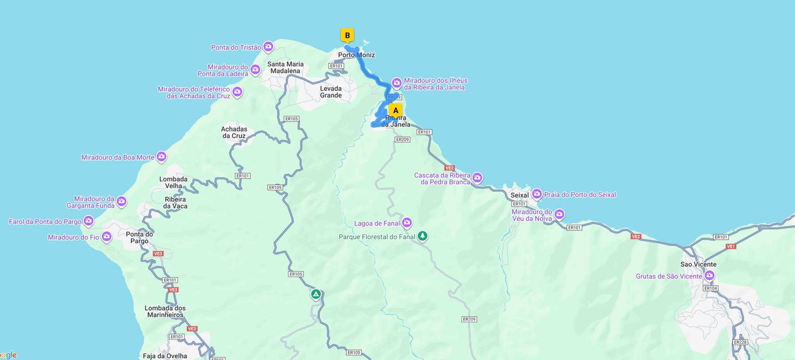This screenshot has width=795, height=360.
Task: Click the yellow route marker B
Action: tap(347, 35)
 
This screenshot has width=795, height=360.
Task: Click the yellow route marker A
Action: tap(395, 110)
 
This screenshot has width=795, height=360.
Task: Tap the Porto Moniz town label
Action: tap(356, 55)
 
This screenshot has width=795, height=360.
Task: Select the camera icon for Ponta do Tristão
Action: tap(268, 47)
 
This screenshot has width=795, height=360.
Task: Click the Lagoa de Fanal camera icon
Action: tap(407, 223)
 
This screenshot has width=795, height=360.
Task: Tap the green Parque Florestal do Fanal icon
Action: tap(423, 236)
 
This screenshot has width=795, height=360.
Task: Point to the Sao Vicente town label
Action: tap(698, 265)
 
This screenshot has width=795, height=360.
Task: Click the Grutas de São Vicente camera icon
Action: tap(709, 275)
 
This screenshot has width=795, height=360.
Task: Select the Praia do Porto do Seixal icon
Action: tap(536, 194)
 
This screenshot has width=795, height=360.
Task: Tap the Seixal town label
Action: tap(519, 195)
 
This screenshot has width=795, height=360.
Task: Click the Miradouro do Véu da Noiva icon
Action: tap(559, 214)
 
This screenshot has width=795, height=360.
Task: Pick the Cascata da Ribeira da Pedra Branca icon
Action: tap(477, 178)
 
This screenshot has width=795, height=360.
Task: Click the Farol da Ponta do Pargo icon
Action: tap(89, 221)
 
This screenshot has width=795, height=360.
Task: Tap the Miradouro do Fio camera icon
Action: tap(106, 237)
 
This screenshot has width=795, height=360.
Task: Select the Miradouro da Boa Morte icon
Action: tap(161, 157)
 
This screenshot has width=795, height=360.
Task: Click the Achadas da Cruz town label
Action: tap(234, 133)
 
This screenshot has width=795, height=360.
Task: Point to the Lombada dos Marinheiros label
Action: tap(165, 311)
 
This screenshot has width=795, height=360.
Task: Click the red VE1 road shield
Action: tap(731, 246)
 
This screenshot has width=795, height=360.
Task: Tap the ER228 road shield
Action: tap(740, 342)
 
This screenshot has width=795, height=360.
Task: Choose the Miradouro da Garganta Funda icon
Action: tap(122, 201)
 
